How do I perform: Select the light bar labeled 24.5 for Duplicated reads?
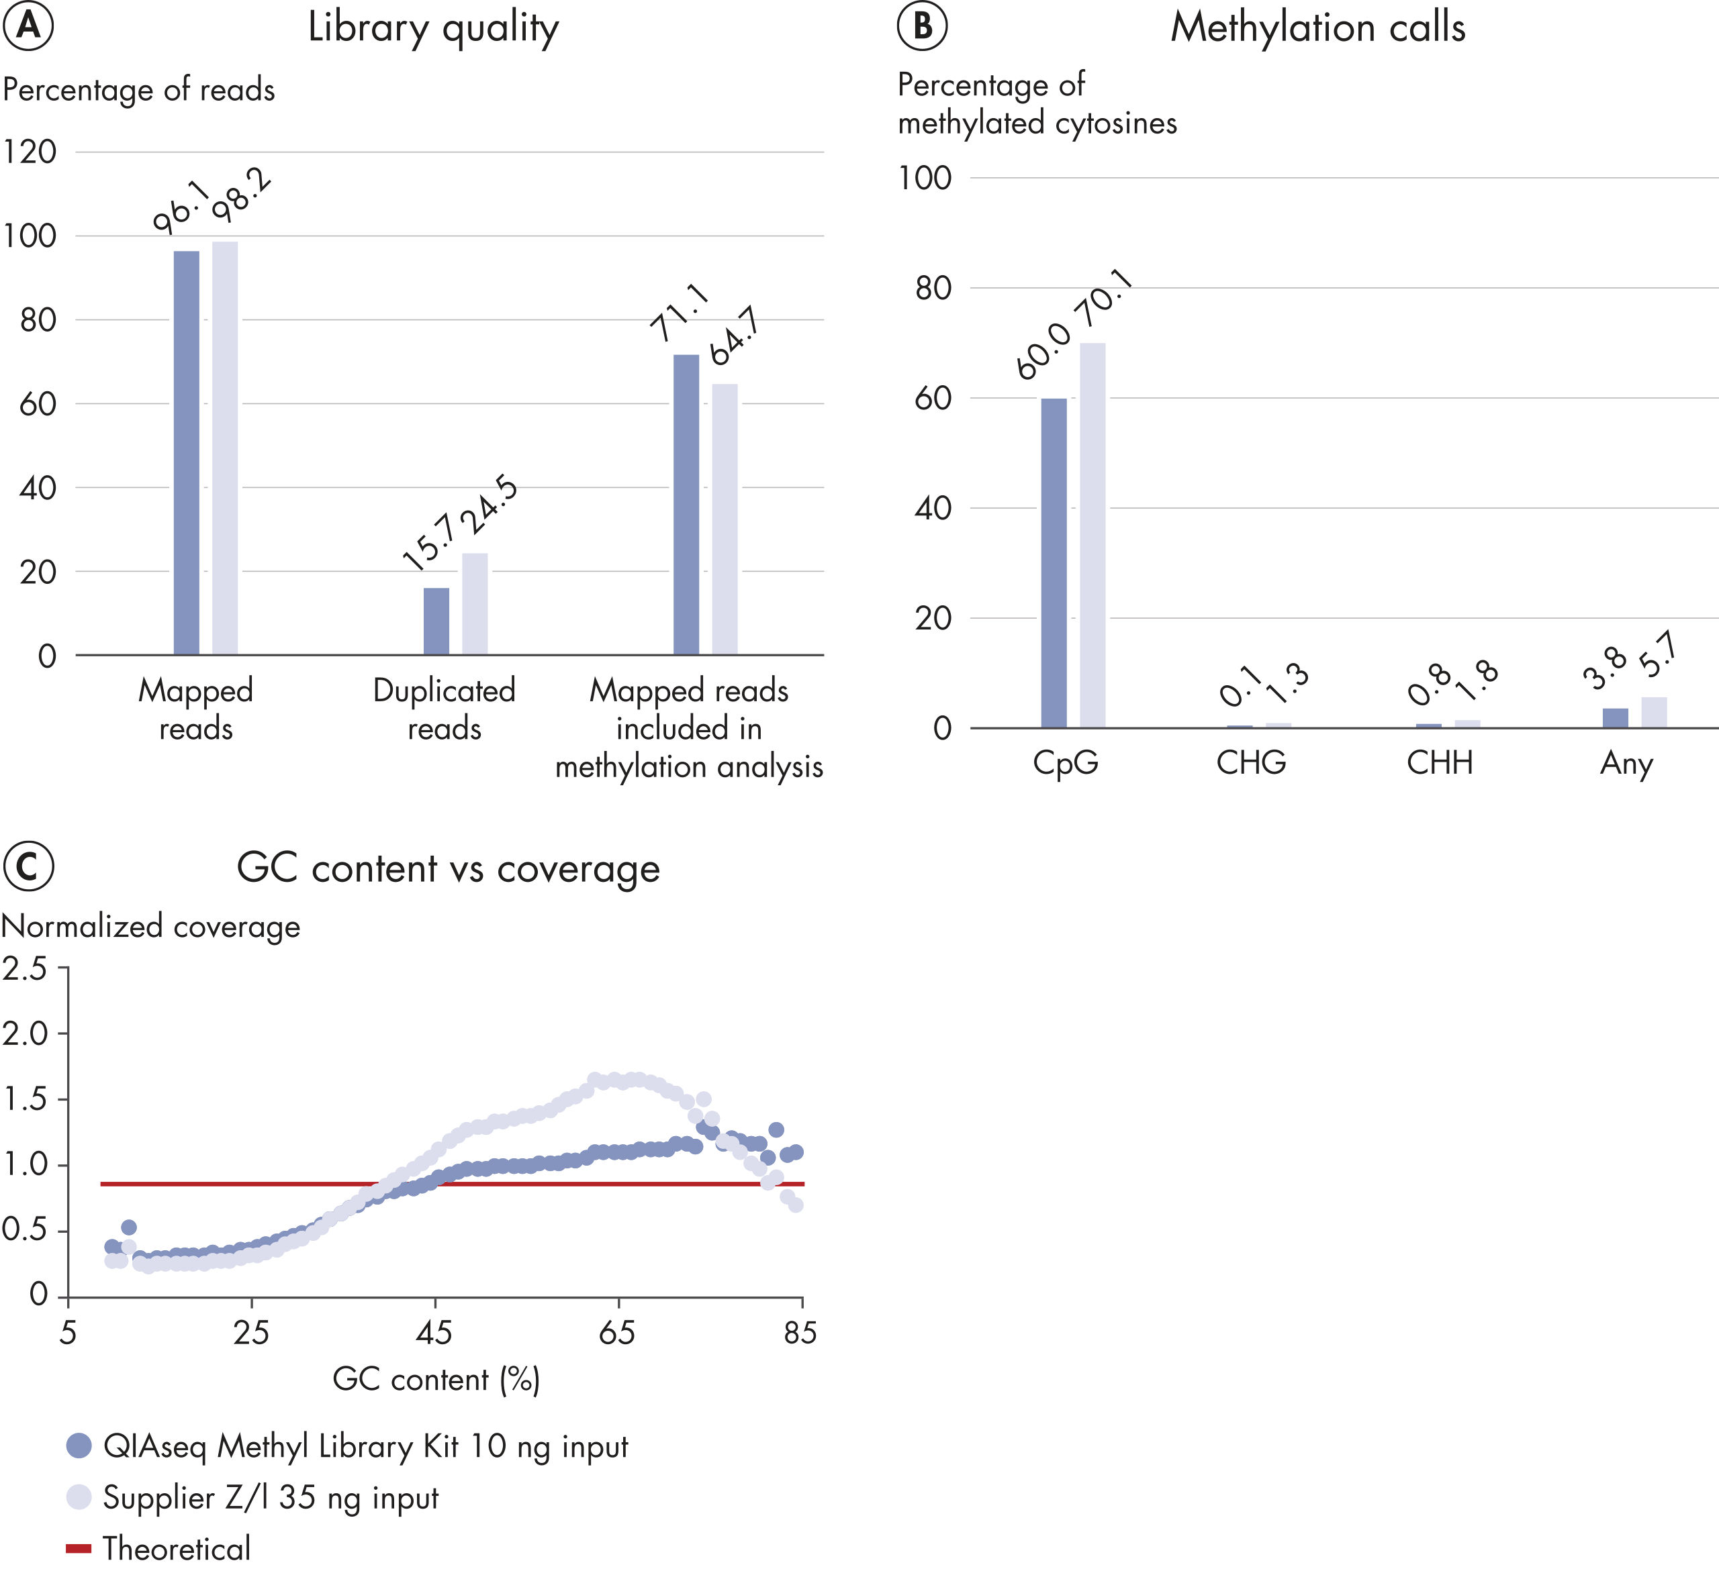[x=475, y=603]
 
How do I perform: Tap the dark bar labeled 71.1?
[x=686, y=504]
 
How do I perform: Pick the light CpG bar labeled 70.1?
[x=1093, y=536]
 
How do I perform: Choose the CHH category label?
[x=1439, y=762]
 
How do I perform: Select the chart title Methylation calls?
[x=1317, y=28]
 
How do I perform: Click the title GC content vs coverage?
[x=448, y=868]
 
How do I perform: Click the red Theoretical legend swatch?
[x=79, y=1548]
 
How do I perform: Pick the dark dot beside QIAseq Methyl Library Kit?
[x=79, y=1446]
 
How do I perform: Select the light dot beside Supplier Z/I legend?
[x=79, y=1497]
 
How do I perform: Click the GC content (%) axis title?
[x=436, y=1379]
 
